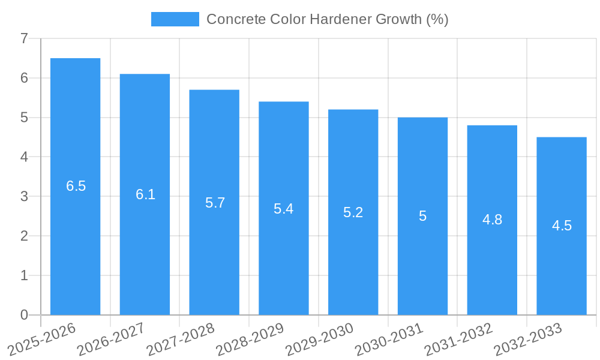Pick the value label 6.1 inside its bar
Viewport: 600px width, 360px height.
coord(145,194)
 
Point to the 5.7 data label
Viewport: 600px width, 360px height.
coord(215,203)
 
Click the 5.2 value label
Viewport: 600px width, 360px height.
coord(353,212)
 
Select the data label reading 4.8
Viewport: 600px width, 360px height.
coord(492,220)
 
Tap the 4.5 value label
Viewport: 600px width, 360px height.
coord(562,226)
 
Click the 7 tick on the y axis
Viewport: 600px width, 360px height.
coord(24,39)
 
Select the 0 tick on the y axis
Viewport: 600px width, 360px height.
coord(24,315)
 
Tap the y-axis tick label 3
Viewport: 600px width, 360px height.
coord(24,197)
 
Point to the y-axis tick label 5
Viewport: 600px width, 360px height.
coord(24,118)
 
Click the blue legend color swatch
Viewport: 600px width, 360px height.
coord(175,19)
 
